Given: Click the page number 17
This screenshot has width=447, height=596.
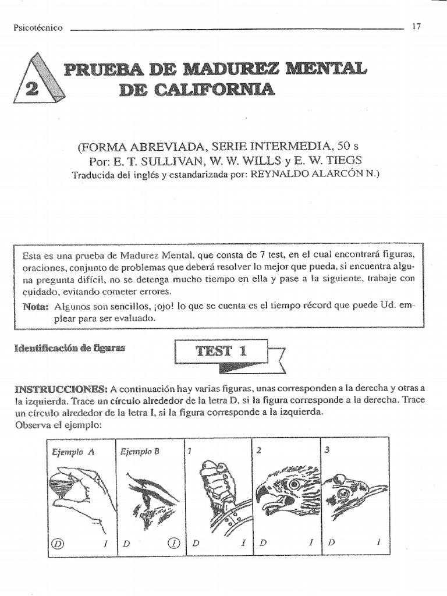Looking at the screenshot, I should tap(416, 26).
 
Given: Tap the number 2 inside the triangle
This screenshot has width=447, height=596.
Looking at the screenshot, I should tap(33, 88).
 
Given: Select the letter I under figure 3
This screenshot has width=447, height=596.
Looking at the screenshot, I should tap(378, 543).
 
